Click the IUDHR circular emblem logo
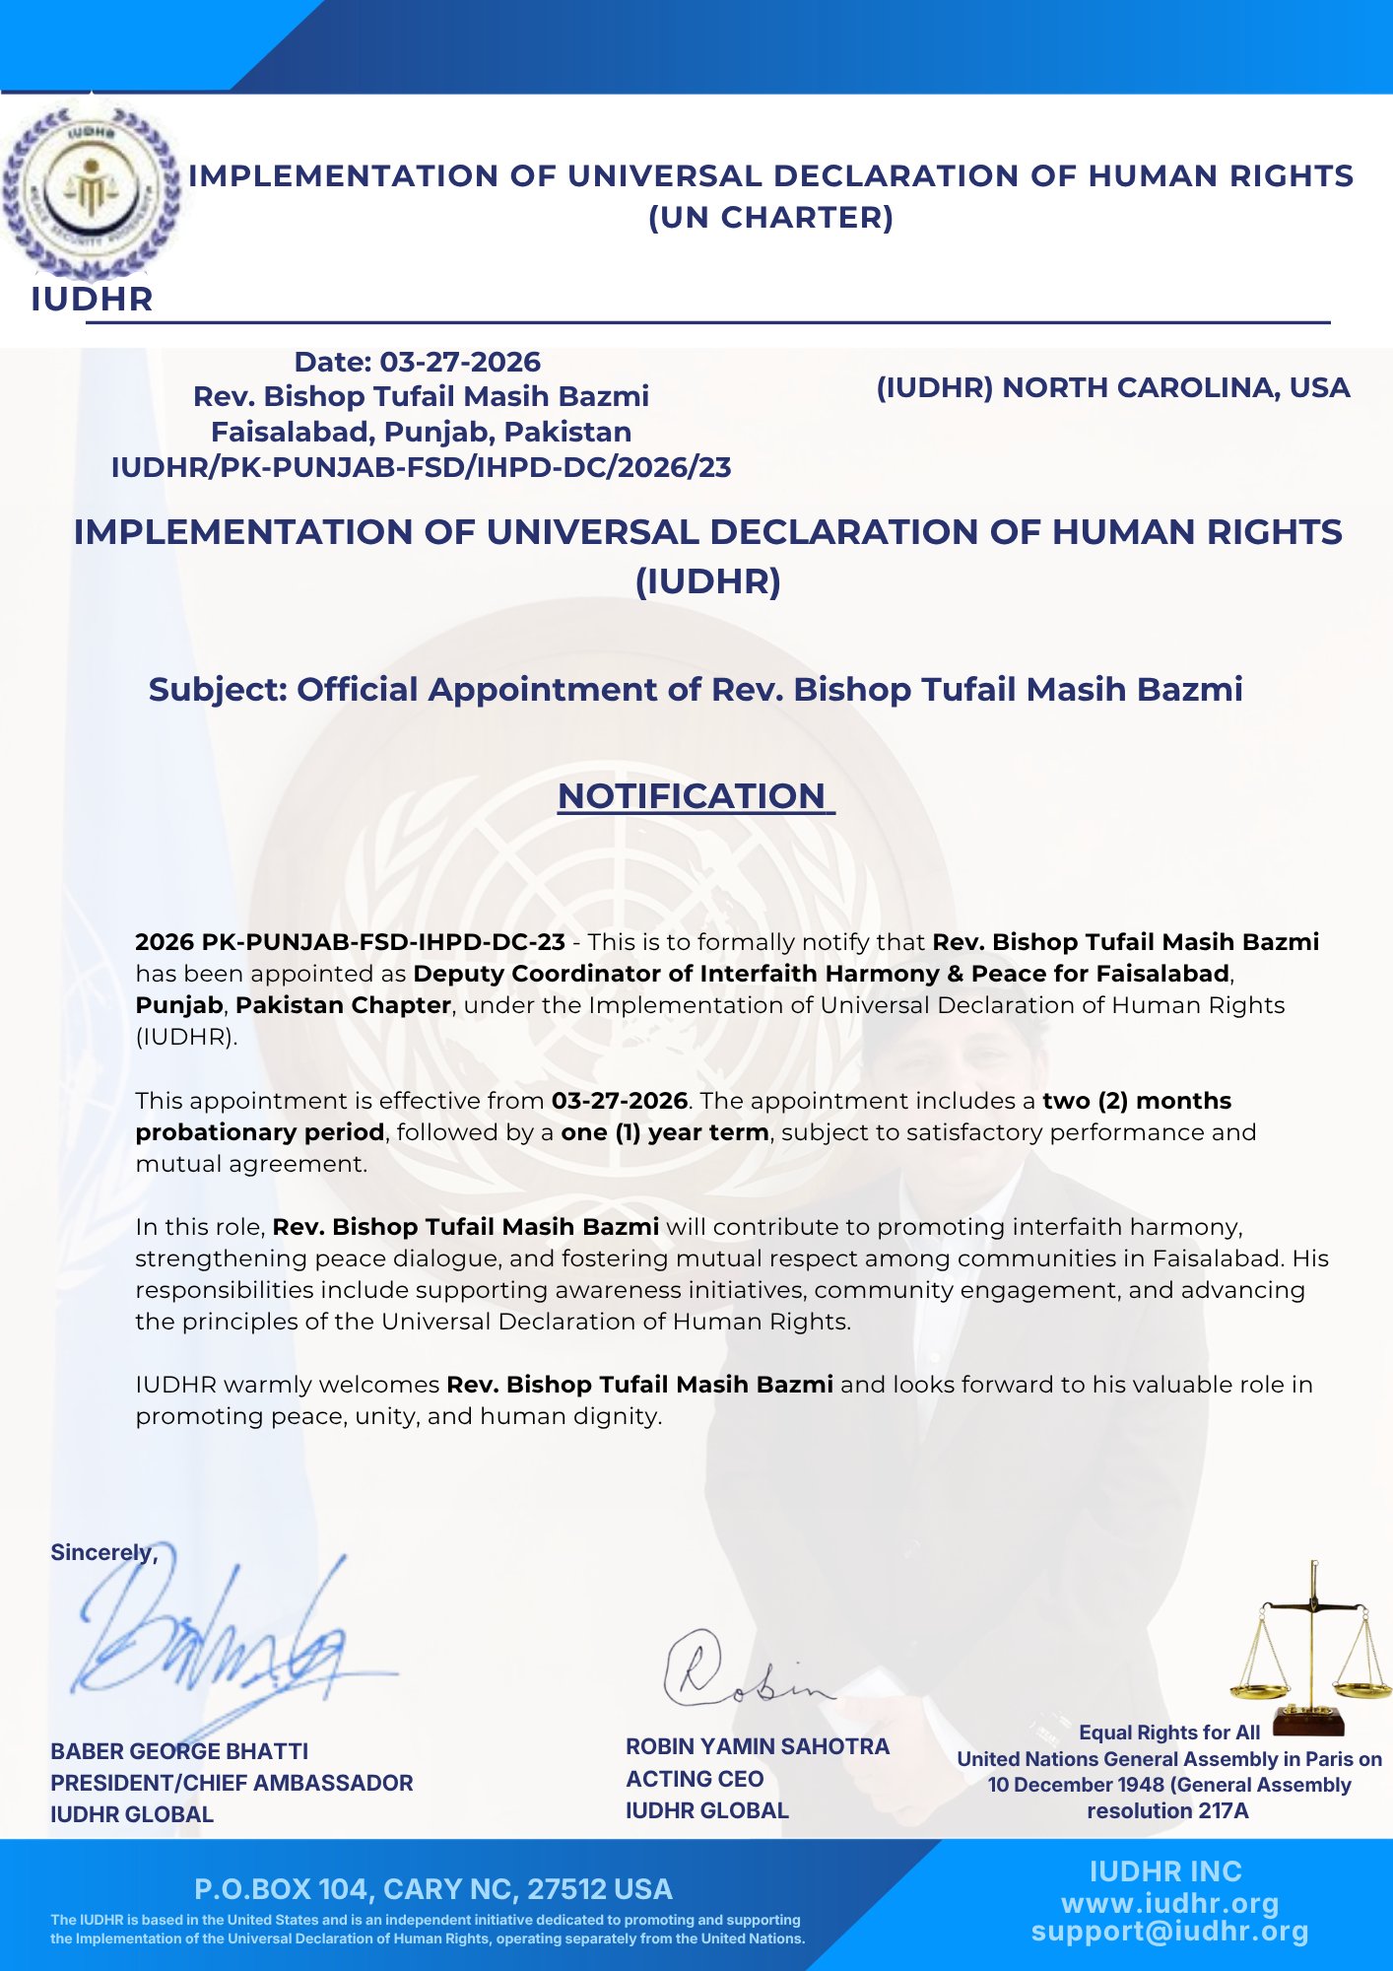tap(92, 190)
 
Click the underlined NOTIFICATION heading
tap(695, 796)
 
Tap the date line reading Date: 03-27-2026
tap(418, 362)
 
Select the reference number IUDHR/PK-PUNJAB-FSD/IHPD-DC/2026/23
tap(421, 467)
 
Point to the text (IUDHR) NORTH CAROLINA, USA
tap(1112, 387)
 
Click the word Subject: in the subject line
tap(217, 689)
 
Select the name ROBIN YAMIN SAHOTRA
tap(757, 1746)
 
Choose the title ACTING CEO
tap(695, 1779)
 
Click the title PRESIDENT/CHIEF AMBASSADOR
tap(232, 1783)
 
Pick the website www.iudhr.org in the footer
tap(1169, 1903)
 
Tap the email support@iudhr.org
tap(1169, 1932)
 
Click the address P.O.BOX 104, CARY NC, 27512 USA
tap(433, 1889)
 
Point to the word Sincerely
tap(102, 1552)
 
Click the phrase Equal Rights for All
tap(1169, 1733)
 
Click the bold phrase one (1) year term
tap(665, 1132)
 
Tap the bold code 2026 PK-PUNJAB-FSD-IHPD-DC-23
tap(350, 942)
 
